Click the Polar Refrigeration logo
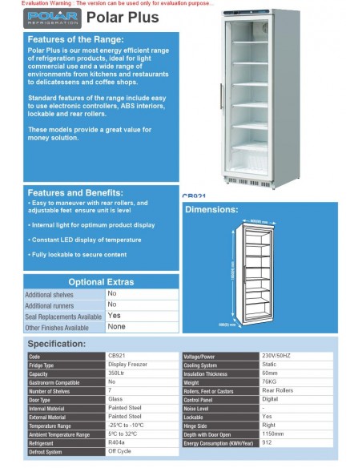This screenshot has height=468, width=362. (52, 17)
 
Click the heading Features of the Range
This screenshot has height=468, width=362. (75, 39)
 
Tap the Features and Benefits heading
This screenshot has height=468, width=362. (75, 192)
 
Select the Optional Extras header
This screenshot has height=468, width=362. (101, 282)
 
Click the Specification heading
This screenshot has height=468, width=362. (57, 343)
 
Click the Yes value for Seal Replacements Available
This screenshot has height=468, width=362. (114, 316)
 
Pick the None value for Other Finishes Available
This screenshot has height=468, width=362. (117, 327)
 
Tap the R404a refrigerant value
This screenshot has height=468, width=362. (117, 442)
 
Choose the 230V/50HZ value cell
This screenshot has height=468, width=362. (277, 356)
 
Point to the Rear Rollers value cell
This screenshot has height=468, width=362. (277, 391)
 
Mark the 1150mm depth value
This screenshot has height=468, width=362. (272, 434)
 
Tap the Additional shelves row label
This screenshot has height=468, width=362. (50, 294)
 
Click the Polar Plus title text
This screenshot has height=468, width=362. (122, 17)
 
